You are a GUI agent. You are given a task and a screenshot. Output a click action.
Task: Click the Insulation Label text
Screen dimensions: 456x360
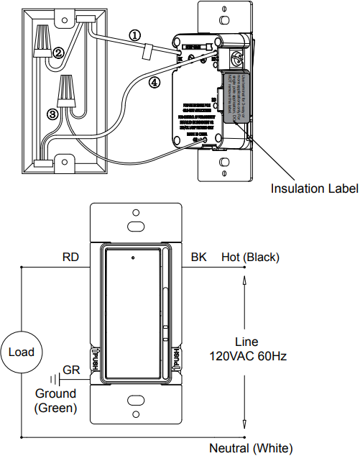314,188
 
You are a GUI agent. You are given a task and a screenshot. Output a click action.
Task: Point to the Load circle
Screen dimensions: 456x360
22,352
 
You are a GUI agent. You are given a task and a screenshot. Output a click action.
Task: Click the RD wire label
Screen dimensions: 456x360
71,257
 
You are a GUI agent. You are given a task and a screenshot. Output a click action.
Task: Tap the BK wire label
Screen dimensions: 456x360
198,257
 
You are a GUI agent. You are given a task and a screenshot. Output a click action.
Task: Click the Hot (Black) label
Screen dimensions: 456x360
250,257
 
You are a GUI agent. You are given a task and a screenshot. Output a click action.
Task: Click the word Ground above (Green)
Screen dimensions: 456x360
56,393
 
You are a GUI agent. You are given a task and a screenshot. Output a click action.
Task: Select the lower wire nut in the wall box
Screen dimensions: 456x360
69,92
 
